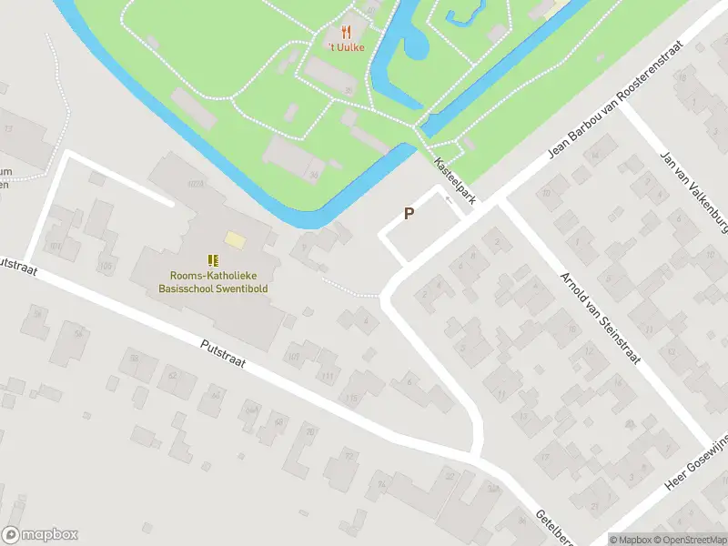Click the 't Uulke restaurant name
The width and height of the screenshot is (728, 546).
tap(346, 47)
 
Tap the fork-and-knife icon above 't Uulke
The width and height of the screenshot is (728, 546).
tap(346, 32)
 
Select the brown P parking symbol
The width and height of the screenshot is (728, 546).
tap(409, 214)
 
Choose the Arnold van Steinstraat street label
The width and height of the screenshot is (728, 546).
tap(599, 318)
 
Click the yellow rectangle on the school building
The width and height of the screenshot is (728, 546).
tap(236, 239)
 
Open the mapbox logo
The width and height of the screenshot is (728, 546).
tap(40, 535)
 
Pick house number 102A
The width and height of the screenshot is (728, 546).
tap(195, 186)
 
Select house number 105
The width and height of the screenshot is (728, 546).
tap(106, 267)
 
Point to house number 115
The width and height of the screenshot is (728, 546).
tap(351, 398)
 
